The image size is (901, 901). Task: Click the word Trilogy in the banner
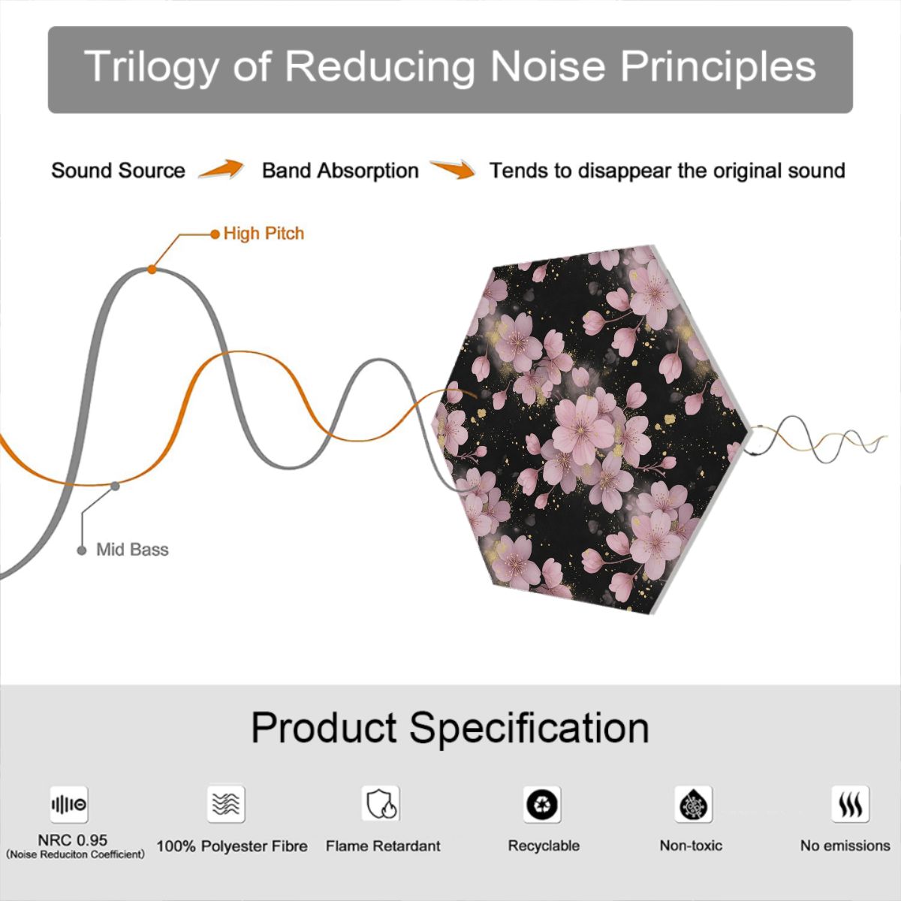click(151, 68)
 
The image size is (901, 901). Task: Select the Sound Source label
click(119, 170)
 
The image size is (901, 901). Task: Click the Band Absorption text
click(340, 170)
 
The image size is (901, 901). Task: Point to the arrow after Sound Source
click(221, 169)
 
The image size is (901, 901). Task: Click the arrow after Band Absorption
click(453, 169)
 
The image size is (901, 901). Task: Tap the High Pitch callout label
click(264, 234)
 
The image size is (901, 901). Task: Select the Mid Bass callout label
click(132, 550)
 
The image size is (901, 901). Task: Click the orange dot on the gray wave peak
click(152, 270)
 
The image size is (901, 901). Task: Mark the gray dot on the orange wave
click(115, 487)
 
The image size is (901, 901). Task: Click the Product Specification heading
click(450, 728)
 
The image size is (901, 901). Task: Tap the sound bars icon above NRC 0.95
click(69, 804)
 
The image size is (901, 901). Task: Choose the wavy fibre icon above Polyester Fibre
click(226, 804)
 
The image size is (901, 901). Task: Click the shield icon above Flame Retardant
click(381, 804)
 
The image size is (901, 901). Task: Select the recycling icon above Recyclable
click(542, 804)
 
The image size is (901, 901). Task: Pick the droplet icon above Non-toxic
click(694, 804)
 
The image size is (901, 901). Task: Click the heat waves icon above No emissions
click(851, 804)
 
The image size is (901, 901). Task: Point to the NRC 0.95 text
click(73, 840)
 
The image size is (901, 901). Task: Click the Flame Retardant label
click(383, 846)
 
